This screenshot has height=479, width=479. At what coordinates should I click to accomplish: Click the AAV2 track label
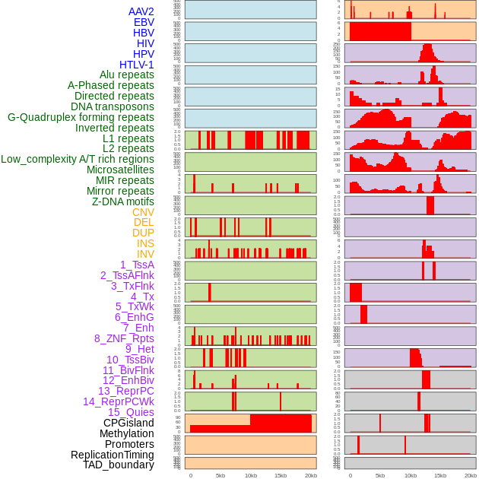[x=141, y=11]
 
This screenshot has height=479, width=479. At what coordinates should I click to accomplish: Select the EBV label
[x=143, y=22]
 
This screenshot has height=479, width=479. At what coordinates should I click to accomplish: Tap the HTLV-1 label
[x=136, y=65]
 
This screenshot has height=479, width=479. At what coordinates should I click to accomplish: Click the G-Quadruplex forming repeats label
[x=81, y=117]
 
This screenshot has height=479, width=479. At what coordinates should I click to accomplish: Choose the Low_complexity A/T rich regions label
[x=78, y=159]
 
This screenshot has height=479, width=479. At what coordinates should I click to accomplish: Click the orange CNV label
[x=143, y=212]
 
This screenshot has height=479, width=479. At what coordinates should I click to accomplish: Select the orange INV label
[x=145, y=254]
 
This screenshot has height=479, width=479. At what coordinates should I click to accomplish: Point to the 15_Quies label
[x=130, y=412]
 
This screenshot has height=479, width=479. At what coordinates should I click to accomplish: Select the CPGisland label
[x=128, y=423]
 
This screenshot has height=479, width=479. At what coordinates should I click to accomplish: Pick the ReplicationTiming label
[x=112, y=455]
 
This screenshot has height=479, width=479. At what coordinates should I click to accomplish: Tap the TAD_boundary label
[x=118, y=465]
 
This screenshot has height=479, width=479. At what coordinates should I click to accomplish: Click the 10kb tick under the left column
[x=251, y=476]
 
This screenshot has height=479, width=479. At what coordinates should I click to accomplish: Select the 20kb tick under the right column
[x=471, y=476]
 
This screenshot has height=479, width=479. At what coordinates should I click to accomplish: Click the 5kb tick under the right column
[x=380, y=476]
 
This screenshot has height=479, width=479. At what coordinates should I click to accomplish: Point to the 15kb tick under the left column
[x=281, y=476]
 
